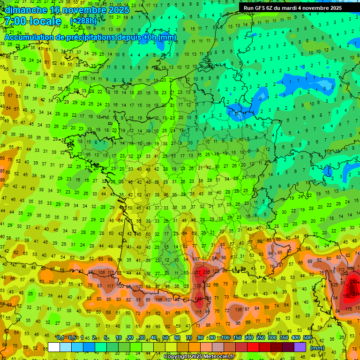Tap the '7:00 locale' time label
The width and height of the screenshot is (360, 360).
(x=33, y=22)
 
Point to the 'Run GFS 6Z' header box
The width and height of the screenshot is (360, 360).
(x=299, y=7)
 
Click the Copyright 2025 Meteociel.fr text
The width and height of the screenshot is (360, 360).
(x=199, y=356)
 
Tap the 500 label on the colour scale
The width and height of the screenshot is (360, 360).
(x=307, y=338)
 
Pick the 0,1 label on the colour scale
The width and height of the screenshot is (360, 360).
(x=60, y=338)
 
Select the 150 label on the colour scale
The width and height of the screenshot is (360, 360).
(x=237, y=338)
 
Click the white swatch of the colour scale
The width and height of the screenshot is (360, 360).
(x=54, y=347)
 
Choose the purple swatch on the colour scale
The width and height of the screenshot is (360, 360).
(x=300, y=347)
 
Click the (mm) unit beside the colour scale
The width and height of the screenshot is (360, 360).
(x=317, y=348)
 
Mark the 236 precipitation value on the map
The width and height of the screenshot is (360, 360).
(x=207, y=272)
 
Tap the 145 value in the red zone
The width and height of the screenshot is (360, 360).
(x=199, y=299)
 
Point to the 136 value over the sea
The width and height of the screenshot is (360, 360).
(x=239, y=309)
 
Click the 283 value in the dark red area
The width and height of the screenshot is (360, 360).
(x=355, y=281)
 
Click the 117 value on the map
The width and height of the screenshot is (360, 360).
(x=111, y=286)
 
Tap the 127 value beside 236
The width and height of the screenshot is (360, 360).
(x=198, y=272)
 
